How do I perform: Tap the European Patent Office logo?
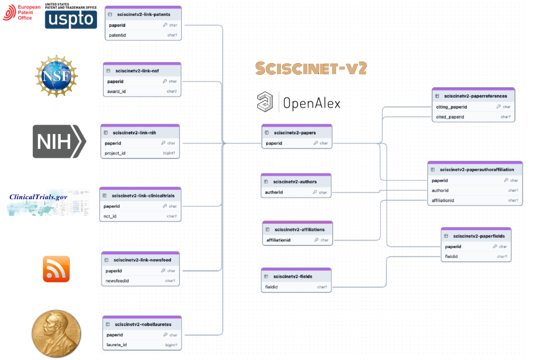point(18,12)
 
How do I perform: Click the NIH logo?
point(59,141)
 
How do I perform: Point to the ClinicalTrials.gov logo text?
point(38,197)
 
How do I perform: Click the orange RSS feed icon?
point(56,269)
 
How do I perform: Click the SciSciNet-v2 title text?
point(311,69)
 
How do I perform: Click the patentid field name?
point(117,35)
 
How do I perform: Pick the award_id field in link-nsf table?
point(116,92)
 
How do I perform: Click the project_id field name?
point(115,153)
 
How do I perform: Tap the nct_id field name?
point(110,217)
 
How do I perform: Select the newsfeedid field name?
point(117,281)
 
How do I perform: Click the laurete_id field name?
point(117,345)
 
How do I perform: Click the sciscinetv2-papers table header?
point(295,133)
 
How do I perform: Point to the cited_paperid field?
point(450,117)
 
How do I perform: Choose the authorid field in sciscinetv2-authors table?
point(274,192)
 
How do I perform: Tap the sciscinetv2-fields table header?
point(293,276)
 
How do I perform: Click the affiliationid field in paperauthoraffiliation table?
point(443,201)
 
